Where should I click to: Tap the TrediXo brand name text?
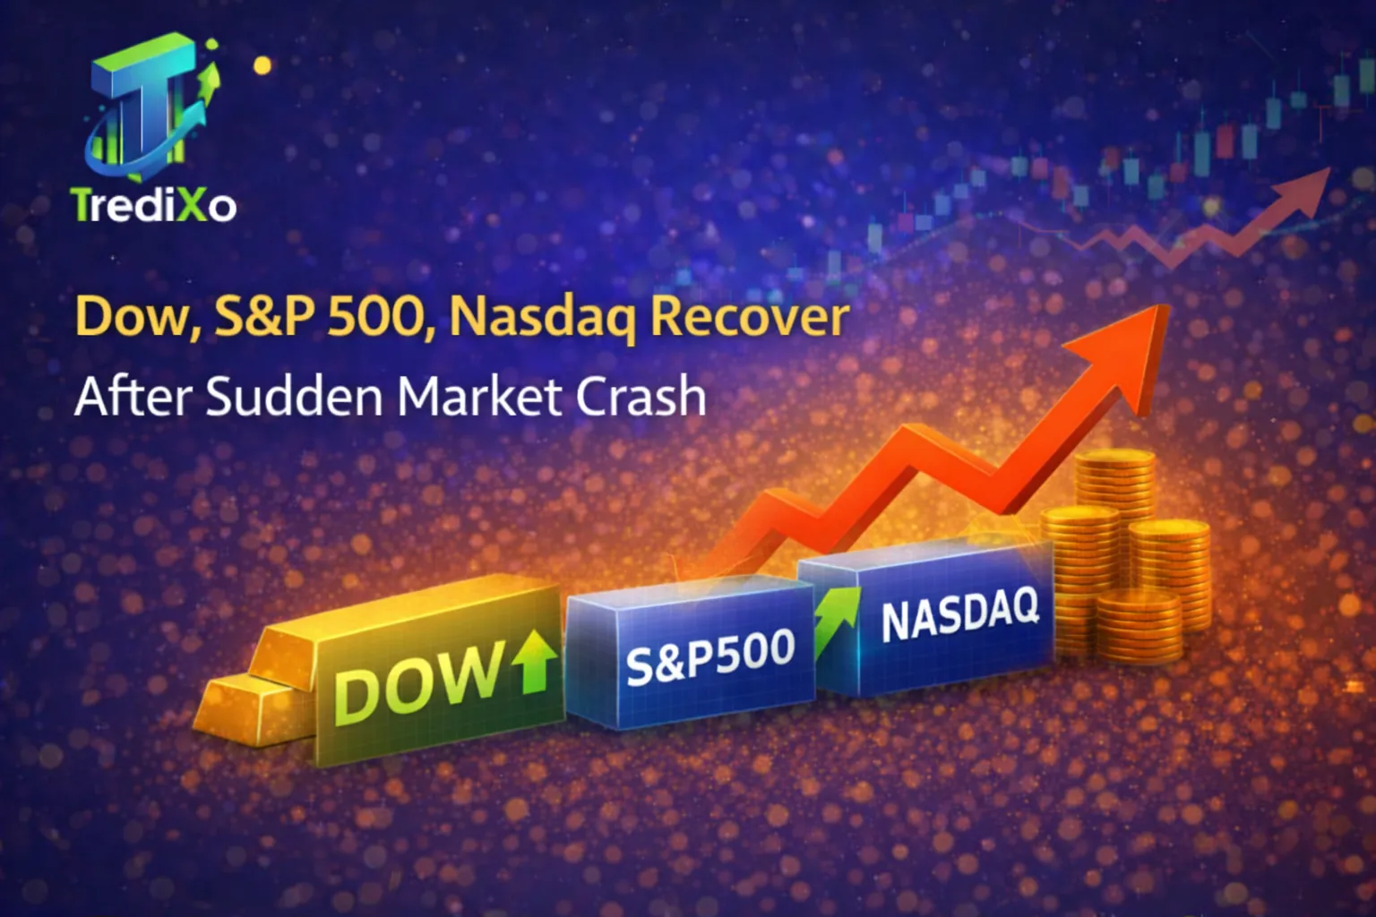coord(154,205)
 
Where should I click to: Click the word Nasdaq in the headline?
coord(541,318)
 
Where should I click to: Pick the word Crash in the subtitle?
coord(641,396)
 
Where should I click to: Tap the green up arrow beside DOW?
coord(535,659)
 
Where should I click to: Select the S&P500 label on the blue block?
coord(709,656)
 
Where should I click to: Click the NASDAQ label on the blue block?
coord(959,613)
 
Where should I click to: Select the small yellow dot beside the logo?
coord(262,64)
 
